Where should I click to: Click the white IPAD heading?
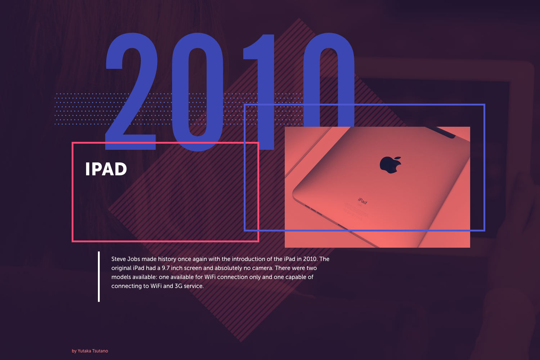106,169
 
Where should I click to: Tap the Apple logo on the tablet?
390,165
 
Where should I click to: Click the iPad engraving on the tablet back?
363,201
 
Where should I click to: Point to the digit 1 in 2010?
259,92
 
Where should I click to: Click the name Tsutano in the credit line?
100,351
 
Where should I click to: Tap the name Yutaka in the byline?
84,351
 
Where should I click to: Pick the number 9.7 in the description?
166,268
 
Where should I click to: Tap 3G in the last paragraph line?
179,286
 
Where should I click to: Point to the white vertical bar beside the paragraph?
99,276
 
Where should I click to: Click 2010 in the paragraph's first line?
310,259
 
